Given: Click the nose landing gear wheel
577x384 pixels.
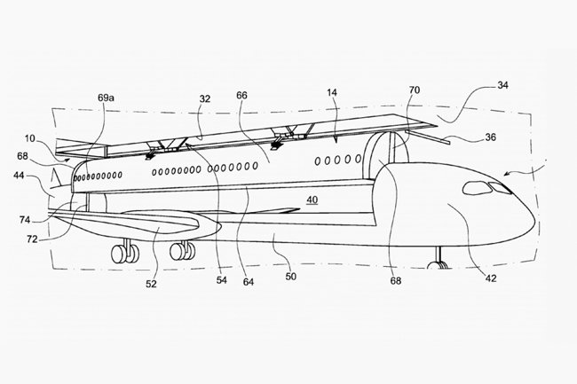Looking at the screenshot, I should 436,264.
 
